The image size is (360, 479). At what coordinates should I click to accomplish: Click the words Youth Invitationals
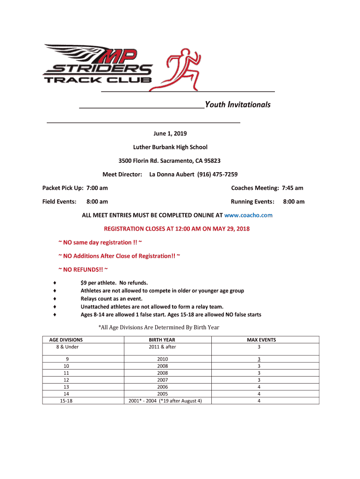[238, 104]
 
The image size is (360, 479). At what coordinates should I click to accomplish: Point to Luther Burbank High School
[170, 147]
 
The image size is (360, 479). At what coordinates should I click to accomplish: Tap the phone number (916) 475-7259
[217, 174]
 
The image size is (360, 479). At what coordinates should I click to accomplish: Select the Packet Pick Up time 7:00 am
[97, 188]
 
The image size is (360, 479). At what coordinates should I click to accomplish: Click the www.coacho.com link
[248, 215]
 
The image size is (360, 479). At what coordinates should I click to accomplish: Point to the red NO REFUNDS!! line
[83, 269]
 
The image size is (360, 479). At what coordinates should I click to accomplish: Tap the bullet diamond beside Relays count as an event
[55, 298]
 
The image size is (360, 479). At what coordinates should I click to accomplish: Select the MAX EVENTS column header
[261, 340]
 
